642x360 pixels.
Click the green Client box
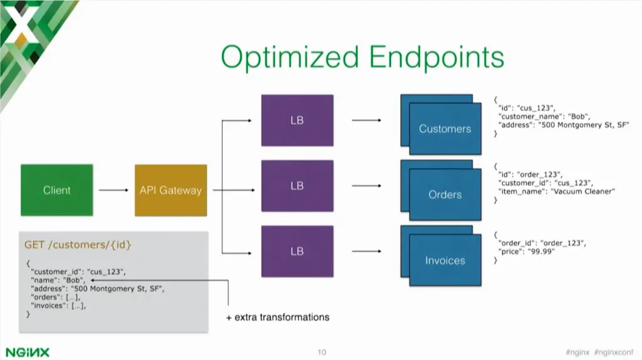56,190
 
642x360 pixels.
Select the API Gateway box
171,190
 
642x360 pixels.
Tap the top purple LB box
297,120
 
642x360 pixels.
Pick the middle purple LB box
297,186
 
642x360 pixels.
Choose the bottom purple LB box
297,251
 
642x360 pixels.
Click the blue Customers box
445,129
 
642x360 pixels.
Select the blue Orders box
445,195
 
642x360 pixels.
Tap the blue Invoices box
445,260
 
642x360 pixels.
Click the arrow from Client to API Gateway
113,190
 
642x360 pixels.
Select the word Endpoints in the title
436,58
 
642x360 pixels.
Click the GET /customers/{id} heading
78,244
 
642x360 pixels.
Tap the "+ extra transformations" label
277,317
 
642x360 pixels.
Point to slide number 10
321,352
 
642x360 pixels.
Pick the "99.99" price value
542,250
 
